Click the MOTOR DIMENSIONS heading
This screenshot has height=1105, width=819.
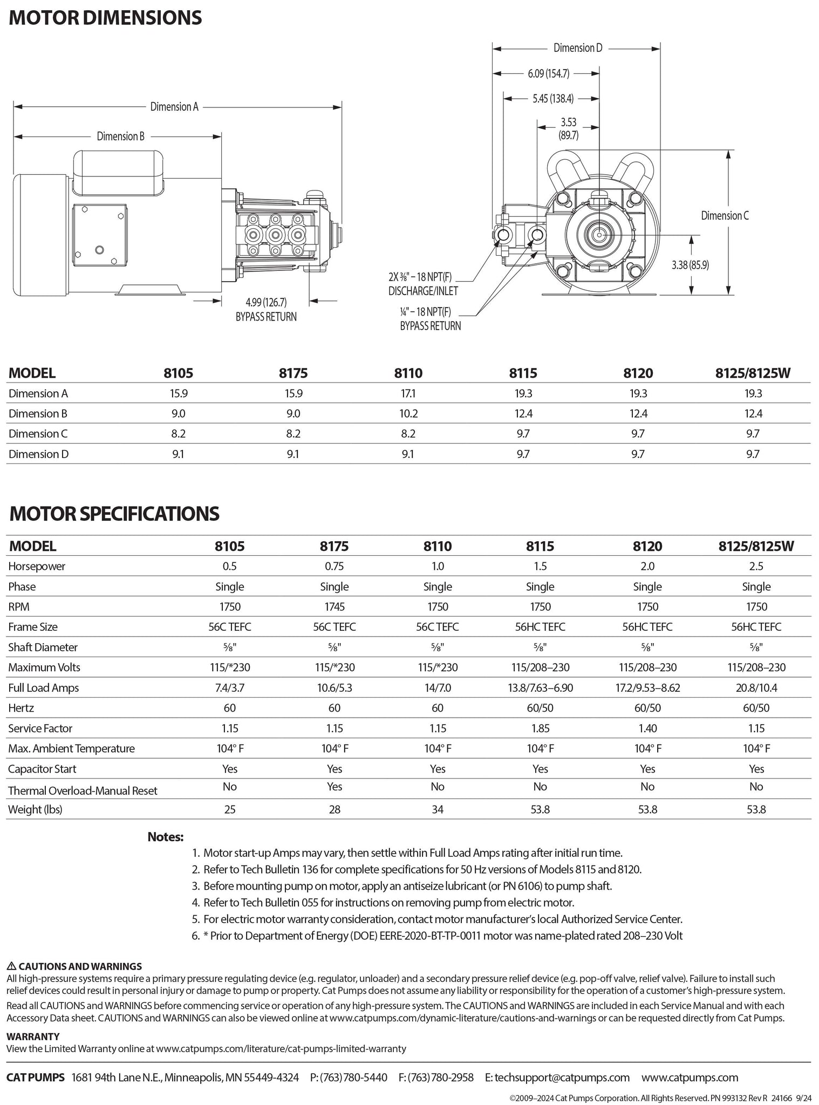click(x=106, y=18)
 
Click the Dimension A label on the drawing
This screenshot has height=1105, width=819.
click(x=174, y=107)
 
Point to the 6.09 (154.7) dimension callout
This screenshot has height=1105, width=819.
click(x=548, y=73)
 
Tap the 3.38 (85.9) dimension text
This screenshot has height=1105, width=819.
click(x=690, y=265)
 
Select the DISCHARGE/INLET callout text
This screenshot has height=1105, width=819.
click(x=423, y=291)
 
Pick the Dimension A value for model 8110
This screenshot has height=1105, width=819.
click(x=408, y=393)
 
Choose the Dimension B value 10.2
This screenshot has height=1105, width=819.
click(x=408, y=414)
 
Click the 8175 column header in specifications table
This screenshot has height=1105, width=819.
click(x=334, y=546)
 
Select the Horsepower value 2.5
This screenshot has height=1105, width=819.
click(x=756, y=567)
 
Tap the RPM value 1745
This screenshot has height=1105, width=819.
click(x=334, y=607)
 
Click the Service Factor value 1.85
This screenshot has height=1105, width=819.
click(x=540, y=728)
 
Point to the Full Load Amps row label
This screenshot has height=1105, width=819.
click(x=44, y=688)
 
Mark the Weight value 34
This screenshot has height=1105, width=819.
click(x=438, y=809)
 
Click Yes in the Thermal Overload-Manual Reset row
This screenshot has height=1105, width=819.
click(x=334, y=787)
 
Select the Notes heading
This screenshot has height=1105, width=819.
click(x=166, y=837)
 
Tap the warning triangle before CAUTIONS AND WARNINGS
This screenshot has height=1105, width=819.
click(x=11, y=966)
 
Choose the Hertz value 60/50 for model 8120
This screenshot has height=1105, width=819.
click(x=647, y=708)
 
